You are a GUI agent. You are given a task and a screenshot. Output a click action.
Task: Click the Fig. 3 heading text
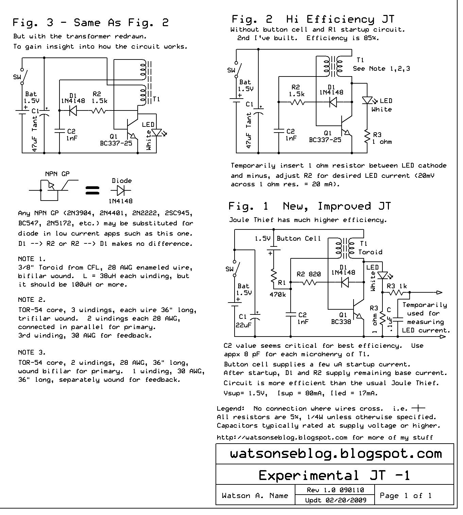point(90,23)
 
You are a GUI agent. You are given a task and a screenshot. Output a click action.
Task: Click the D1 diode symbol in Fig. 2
point(333,102)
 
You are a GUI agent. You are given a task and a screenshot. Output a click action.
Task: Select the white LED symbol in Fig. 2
point(367,101)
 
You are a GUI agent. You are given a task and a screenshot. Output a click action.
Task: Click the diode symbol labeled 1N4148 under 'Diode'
point(121,190)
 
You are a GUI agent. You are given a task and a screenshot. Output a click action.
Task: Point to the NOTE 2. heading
point(32,300)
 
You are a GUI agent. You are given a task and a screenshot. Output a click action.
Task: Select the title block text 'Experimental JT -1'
point(334,475)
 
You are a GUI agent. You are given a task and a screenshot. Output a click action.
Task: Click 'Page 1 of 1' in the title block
point(406,496)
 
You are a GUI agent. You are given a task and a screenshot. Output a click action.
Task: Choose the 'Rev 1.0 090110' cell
point(335,490)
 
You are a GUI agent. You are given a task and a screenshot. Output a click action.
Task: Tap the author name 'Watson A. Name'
point(255,496)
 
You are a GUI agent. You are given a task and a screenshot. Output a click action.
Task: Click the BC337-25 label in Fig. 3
point(116,143)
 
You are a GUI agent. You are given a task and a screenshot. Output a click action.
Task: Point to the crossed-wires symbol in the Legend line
point(418,408)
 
